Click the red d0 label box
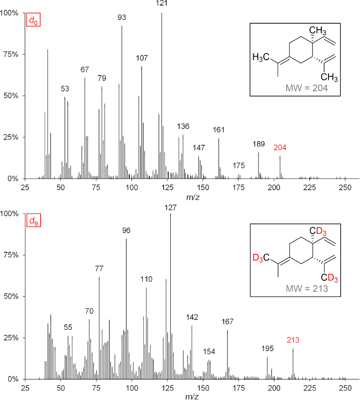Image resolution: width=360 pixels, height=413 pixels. (x=33, y=20)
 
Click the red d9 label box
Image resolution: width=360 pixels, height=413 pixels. (x=33, y=221)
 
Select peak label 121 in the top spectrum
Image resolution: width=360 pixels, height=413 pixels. (x=162, y=3)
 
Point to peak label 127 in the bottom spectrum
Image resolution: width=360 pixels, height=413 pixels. (x=171, y=208)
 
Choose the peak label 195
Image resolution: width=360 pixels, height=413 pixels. (x=267, y=348)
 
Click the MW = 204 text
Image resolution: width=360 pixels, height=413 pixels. (x=307, y=88)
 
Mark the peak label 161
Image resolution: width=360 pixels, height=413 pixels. (x=219, y=130)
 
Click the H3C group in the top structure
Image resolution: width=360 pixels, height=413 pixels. (x=261, y=57)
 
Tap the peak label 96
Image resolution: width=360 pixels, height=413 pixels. (x=126, y=230)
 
